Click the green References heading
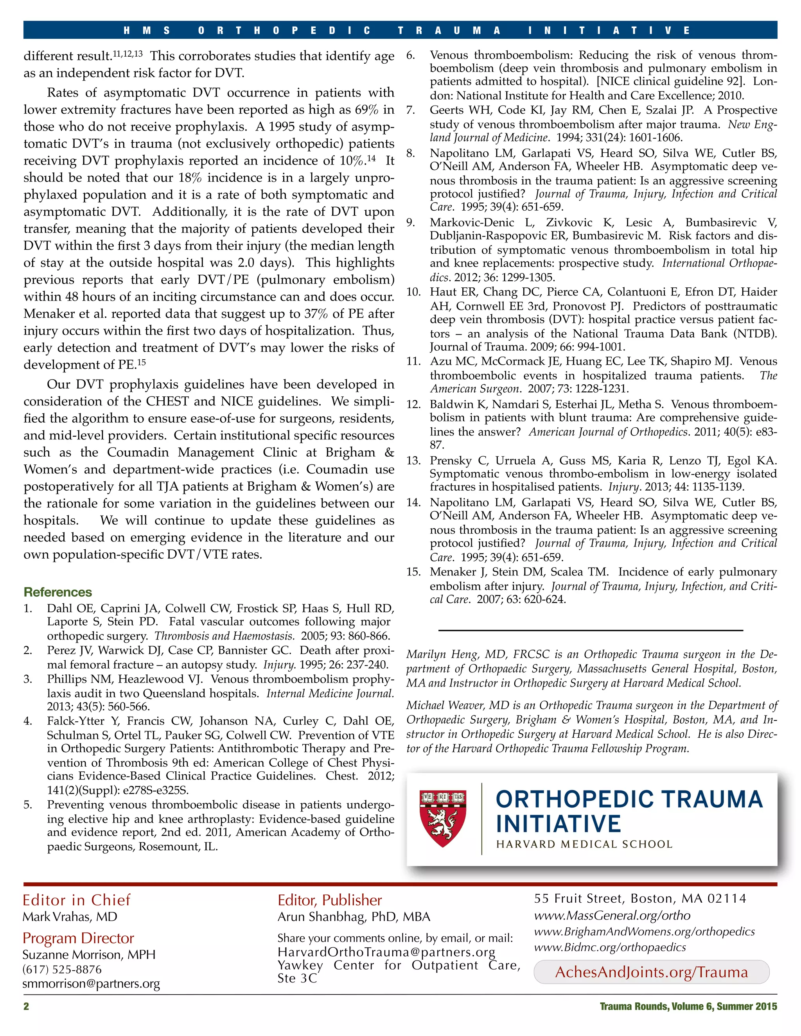point(57,592)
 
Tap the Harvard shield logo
point(442,818)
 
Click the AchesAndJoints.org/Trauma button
point(651,972)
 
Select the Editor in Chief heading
point(76,900)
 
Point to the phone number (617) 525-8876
point(62,969)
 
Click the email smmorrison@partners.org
point(91,984)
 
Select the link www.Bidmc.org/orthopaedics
point(610,947)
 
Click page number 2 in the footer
point(27,1006)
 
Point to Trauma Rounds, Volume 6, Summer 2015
point(688,1006)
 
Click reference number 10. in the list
point(413,292)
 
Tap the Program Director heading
point(78,938)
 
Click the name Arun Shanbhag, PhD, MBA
point(354,916)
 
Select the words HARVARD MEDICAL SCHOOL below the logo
point(584,844)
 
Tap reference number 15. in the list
point(413,572)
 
